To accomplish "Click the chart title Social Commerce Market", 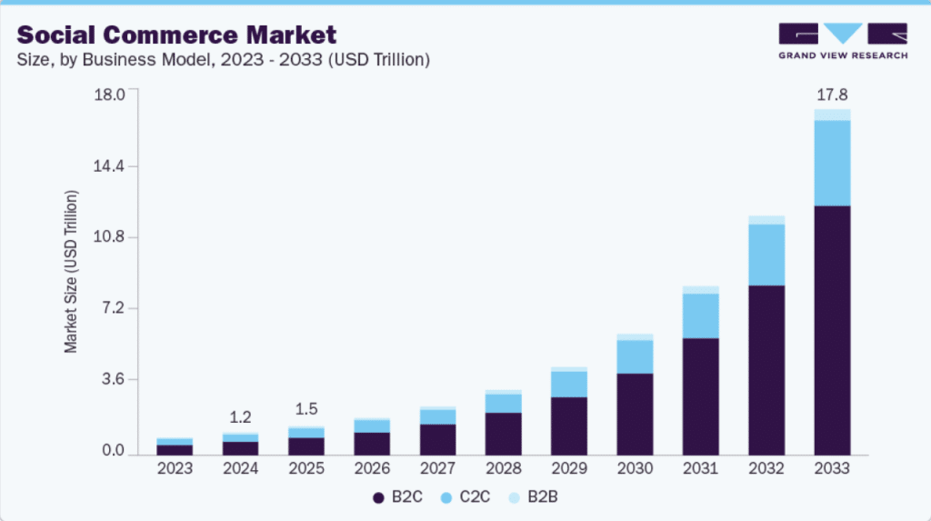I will click(176, 35).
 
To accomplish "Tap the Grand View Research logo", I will click(843, 41).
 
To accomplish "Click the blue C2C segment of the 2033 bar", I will click(832, 163).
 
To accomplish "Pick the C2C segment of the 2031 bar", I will click(701, 316).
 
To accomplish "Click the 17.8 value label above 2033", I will click(832, 94).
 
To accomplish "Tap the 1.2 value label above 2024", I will click(240, 417).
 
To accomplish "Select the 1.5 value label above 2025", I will click(305, 408).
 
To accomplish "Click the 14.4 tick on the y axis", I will click(115, 166).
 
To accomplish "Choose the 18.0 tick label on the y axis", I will click(115, 95).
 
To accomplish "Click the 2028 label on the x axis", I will click(504, 469).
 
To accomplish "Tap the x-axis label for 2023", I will click(175, 469).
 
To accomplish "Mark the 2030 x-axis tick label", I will click(635, 469).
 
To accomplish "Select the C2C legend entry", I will click(467, 497).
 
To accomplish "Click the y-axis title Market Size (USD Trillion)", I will click(71, 272).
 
